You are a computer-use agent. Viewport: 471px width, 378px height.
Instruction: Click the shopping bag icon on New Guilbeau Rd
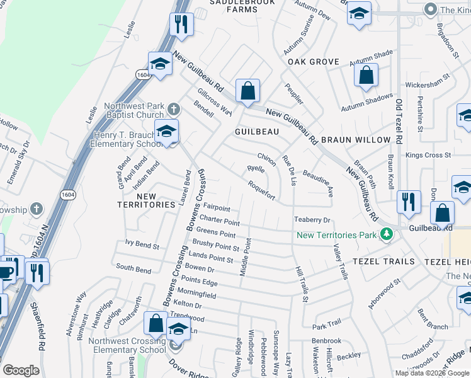(248, 91)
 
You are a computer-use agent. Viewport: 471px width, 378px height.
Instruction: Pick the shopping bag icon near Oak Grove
(366, 76)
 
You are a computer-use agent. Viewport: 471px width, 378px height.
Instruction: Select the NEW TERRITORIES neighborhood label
(146, 201)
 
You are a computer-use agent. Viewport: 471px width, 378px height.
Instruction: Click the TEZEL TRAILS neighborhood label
(383, 261)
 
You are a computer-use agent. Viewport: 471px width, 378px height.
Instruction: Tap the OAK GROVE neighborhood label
(313, 62)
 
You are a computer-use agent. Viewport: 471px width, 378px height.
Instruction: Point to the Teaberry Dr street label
(312, 220)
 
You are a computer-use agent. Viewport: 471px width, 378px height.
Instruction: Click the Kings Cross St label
(428, 155)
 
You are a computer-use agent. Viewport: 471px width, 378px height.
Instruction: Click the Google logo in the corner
(21, 371)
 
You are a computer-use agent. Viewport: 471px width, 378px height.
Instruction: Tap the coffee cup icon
(6, 272)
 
